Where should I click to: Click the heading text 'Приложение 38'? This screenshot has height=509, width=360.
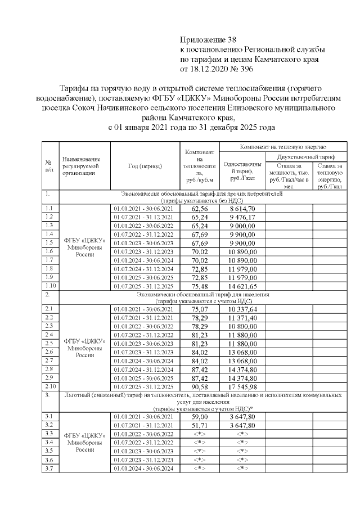click(x=205, y=40)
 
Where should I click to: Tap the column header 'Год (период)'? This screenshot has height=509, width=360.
click(x=145, y=166)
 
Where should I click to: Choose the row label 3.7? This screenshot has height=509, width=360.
click(x=49, y=469)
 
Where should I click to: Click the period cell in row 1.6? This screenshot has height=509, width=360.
click(x=145, y=251)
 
